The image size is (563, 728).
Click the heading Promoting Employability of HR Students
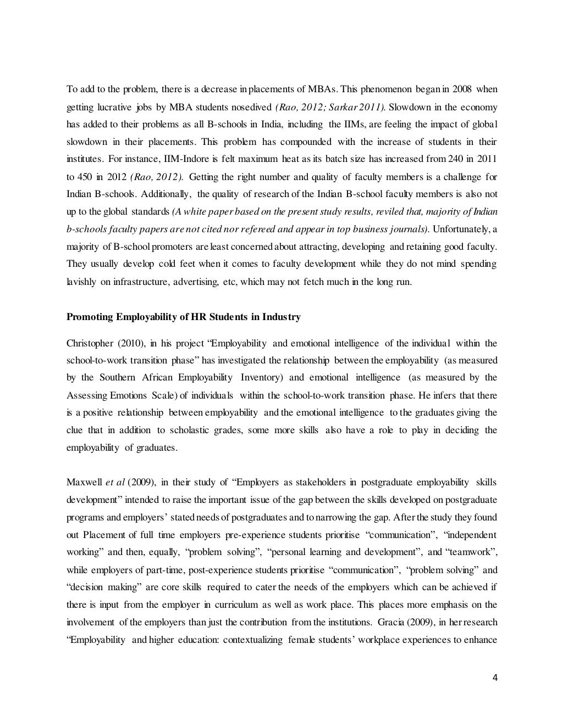183,317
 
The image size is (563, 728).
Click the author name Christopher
90,344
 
